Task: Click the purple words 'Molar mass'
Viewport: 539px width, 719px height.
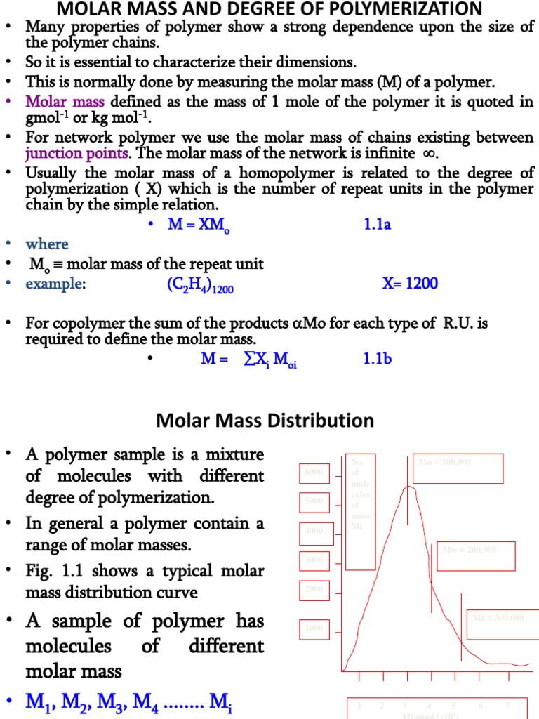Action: (x=65, y=101)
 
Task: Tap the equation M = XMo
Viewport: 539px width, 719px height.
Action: (x=196, y=225)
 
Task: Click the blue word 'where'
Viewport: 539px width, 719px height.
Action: (x=47, y=244)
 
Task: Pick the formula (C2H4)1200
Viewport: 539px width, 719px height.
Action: (x=193, y=284)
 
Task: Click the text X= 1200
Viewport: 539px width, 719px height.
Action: (x=410, y=284)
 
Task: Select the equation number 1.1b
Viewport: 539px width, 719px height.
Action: (x=378, y=359)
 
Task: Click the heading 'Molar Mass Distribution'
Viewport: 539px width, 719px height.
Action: (x=265, y=421)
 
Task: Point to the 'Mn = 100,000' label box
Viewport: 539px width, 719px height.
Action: (x=458, y=468)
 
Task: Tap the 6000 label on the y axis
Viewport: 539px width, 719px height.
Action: (x=314, y=473)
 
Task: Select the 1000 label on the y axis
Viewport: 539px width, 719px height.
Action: (x=314, y=628)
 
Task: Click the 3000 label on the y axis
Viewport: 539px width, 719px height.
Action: (x=314, y=560)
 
